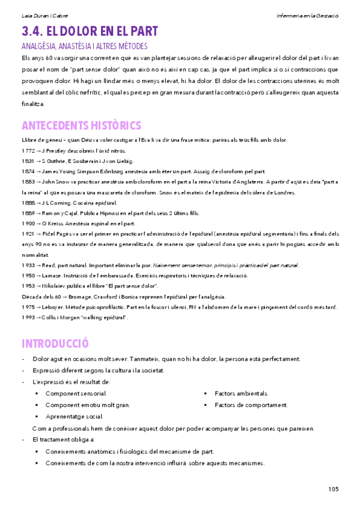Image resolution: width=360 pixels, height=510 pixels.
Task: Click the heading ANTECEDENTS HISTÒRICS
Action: [x=81, y=125]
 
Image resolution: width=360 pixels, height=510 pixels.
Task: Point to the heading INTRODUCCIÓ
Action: [x=55, y=343]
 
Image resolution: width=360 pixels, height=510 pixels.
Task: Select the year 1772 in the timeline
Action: [x=28, y=150]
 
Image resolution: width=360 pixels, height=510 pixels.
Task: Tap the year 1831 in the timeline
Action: [x=28, y=161]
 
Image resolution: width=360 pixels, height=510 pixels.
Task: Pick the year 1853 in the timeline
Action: [x=28, y=182]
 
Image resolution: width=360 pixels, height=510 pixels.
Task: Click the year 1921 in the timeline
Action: [x=28, y=233]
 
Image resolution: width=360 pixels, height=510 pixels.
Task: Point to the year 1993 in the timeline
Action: [x=28, y=317]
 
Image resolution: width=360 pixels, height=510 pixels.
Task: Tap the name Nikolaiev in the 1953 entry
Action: [x=55, y=286]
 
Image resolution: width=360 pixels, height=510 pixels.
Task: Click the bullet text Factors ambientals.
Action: [x=241, y=393]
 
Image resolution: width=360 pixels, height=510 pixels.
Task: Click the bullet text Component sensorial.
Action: [x=76, y=393]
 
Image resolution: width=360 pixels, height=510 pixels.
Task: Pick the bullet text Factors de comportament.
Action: [x=251, y=405]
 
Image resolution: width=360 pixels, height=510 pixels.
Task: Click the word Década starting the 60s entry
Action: [x=30, y=296]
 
